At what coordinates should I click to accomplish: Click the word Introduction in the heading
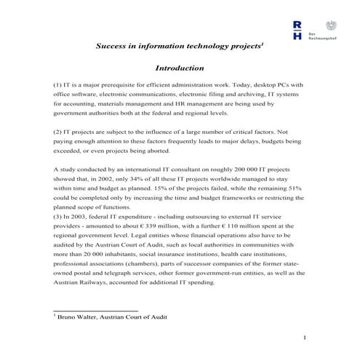coord(180,68)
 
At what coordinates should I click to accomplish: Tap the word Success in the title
coord(113,45)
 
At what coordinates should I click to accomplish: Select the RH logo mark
coord(297,30)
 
